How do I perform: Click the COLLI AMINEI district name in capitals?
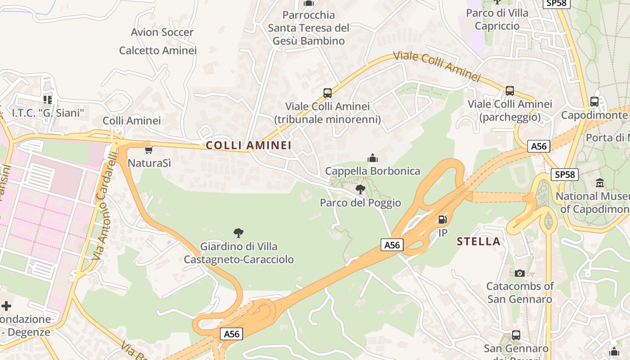click(x=249, y=145)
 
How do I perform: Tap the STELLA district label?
click(x=478, y=242)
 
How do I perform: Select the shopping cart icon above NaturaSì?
click(x=149, y=150)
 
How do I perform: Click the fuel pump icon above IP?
click(x=443, y=220)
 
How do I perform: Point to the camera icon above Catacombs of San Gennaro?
click(x=520, y=273)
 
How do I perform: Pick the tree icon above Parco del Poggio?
click(x=360, y=189)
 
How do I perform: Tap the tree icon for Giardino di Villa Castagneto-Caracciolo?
click(x=238, y=233)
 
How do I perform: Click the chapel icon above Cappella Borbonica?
click(x=373, y=158)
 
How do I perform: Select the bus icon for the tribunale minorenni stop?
click(x=328, y=93)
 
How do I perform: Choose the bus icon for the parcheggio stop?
click(x=510, y=91)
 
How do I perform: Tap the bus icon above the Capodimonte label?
click(x=594, y=102)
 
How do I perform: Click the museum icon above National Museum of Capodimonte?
click(x=600, y=183)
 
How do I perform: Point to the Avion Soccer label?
click(x=162, y=32)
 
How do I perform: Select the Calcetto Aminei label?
click(x=158, y=50)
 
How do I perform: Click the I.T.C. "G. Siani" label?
click(x=48, y=112)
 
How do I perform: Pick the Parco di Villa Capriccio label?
click(x=497, y=19)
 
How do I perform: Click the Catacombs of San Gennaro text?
click(x=520, y=292)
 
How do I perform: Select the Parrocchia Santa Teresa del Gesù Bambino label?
click(x=309, y=28)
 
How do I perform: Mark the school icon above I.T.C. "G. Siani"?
click(x=47, y=99)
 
